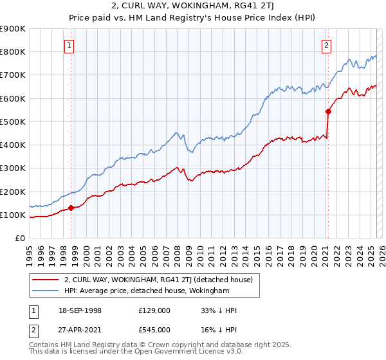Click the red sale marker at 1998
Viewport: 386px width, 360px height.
(71, 208)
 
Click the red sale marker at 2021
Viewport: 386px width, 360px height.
(328, 111)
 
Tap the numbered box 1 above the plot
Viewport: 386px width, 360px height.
(69, 45)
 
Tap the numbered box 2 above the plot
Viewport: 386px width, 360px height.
(327, 45)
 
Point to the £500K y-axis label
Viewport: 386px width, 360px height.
(12, 122)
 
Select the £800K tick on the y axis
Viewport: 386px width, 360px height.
(12, 51)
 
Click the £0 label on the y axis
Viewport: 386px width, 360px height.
(20, 238)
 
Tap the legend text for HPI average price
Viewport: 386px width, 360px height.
(147, 291)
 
